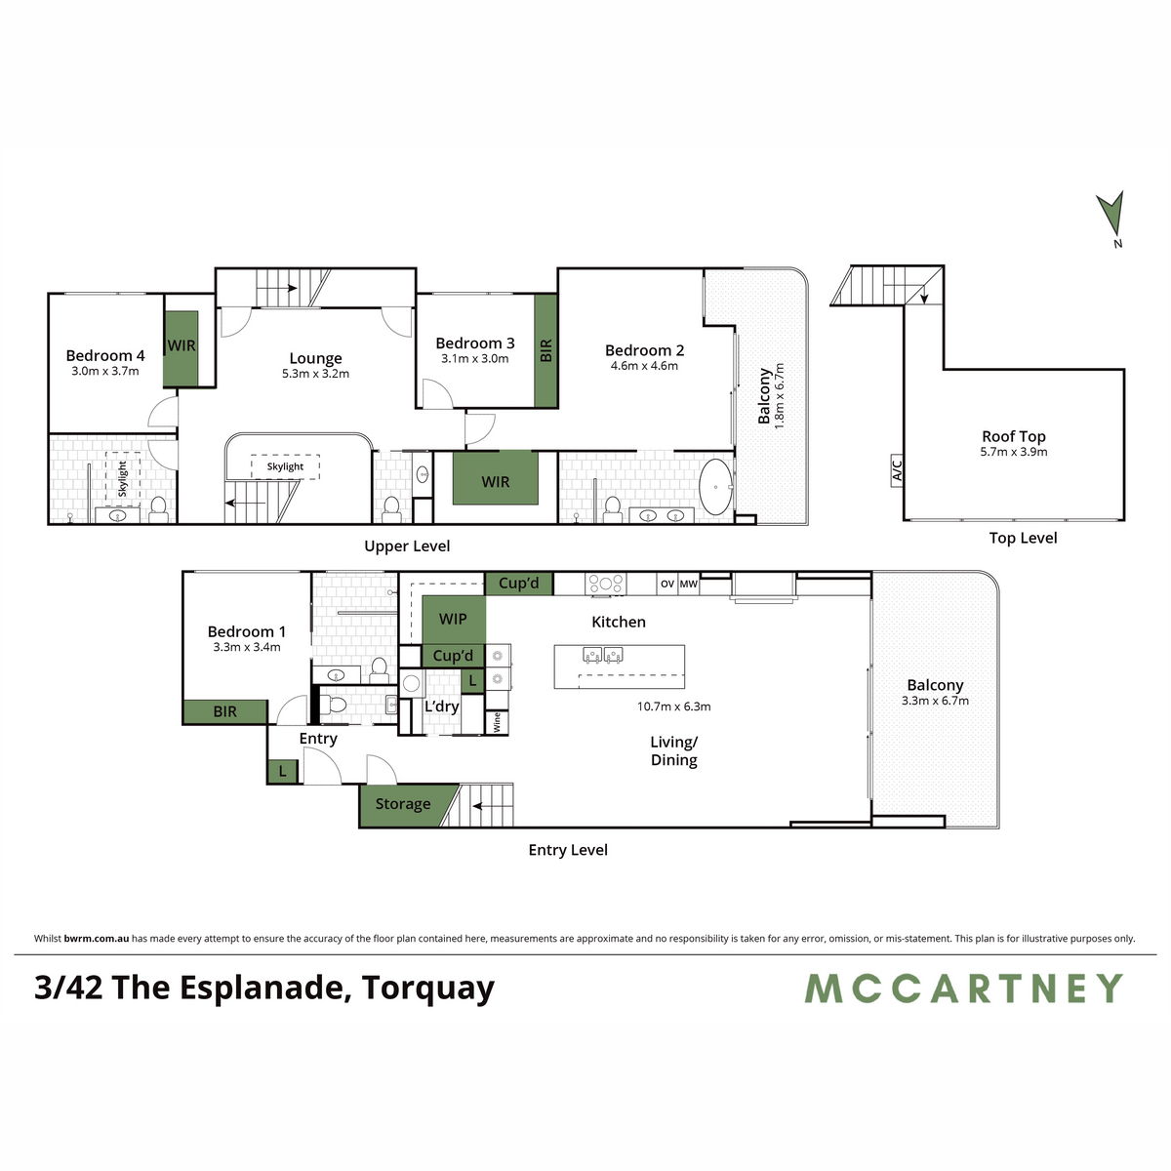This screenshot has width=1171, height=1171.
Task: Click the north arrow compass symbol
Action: pos(1110,212)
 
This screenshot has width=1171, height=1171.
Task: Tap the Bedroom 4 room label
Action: pos(105,356)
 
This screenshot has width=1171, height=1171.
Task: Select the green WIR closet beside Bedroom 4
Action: pos(182,347)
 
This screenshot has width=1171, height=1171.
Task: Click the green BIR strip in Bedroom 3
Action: pos(545,350)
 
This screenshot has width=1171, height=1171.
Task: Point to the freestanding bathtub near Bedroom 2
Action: pos(717,486)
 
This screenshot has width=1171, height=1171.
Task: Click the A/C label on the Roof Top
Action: pos(897,469)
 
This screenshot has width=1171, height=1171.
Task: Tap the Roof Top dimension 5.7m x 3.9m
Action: pos(1014,452)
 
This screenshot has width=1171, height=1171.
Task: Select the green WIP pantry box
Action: pos(453,619)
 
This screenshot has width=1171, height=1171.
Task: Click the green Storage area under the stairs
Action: pos(402,804)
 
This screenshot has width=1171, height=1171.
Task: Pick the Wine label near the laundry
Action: pos(497,722)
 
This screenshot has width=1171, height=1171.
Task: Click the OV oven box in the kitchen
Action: pos(667,584)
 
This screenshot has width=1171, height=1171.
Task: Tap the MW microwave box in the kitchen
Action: pos(689,584)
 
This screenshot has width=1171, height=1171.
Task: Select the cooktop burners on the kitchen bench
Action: pos(605,584)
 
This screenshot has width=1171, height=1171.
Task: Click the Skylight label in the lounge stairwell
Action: pos(285,466)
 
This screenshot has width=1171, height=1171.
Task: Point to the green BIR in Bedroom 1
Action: pos(225,712)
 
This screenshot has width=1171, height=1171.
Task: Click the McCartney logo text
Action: pos(964,989)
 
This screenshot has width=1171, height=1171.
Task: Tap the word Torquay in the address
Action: pos(428,989)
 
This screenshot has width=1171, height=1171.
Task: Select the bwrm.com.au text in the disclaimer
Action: pos(96,939)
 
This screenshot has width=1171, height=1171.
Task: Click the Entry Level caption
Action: pos(568,850)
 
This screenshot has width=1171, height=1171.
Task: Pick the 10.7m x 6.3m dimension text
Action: pos(674,707)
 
